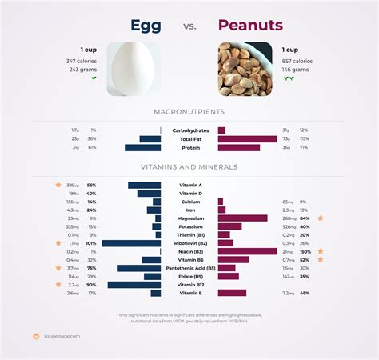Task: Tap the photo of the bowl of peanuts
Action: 245,69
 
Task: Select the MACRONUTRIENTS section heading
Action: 189,111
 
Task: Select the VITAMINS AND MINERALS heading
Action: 189,167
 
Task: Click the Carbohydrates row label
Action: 189,130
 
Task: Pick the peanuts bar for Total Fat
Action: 247,138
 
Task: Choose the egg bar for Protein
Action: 143,147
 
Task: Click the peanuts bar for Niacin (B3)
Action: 247,251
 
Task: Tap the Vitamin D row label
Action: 189,193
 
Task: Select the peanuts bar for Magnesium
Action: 242,218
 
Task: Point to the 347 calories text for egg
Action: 82,61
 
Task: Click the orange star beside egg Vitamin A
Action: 58,185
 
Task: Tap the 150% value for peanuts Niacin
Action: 305,251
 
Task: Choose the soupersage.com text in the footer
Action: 62,336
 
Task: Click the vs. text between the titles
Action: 189,26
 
